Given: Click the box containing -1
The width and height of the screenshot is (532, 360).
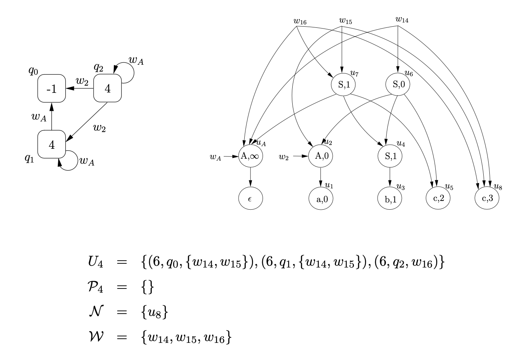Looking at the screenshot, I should coord(52,88).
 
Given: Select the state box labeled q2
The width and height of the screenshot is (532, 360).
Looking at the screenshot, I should coord(107,88).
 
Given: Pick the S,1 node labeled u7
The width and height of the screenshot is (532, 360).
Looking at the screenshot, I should coord(343,84).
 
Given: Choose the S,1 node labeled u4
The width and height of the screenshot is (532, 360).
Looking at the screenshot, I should coord(390,156).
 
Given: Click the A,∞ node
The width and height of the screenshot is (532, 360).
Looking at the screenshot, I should coord(250,156).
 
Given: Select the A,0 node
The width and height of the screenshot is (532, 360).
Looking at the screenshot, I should coord(321,156).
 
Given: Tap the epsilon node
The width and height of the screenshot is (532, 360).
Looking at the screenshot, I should coord(250,198).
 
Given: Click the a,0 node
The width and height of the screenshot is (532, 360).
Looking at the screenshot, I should coord(321,198).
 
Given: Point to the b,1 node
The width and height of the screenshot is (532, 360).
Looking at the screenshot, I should coord(390,198).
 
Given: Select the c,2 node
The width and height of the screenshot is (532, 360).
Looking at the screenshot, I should coord(438,198).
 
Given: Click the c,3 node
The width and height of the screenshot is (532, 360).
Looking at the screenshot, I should coord(487,198).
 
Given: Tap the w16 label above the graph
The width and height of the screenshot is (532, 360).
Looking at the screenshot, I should coord(300,21).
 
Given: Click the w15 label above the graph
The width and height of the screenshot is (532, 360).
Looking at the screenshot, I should coord(346,21).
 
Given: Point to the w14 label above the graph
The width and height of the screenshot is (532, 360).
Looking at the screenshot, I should coord(402,20).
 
